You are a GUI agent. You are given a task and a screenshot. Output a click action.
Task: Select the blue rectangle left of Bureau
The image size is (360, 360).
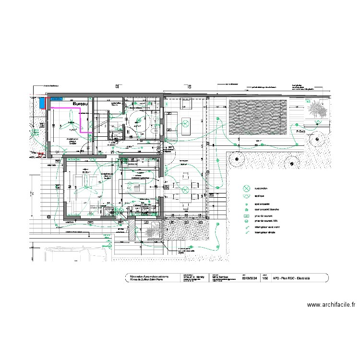pos(43,103)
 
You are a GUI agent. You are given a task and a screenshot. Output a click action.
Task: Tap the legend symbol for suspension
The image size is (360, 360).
pos(246,188)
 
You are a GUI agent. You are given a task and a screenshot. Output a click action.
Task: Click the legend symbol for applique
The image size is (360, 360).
pos(246,196)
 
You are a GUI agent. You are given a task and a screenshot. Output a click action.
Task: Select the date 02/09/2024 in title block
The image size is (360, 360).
pos(250,277)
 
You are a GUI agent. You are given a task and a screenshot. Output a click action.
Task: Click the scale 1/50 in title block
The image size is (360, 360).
pos(264,277)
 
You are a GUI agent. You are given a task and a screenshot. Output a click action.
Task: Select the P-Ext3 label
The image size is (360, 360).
pos(315,130)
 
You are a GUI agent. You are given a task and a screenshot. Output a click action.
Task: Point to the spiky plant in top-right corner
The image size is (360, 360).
pos(317,111)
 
